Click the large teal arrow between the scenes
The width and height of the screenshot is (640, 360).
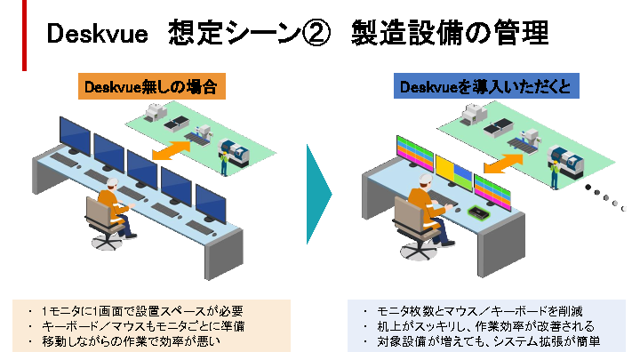318,192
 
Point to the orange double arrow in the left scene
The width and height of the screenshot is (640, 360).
174,148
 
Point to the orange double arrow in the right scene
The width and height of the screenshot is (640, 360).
504,163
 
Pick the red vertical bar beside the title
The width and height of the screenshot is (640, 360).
24,35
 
